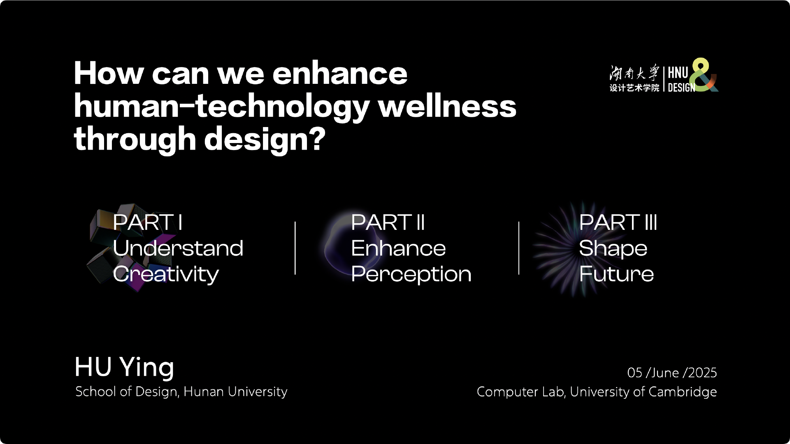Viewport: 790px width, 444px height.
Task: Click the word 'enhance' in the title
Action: coord(340,74)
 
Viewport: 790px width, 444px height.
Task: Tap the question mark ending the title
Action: coord(317,139)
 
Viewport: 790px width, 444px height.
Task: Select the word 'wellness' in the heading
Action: coord(447,106)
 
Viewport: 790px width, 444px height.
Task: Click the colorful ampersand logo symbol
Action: coord(704,75)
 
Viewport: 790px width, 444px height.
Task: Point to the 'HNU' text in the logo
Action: coord(678,73)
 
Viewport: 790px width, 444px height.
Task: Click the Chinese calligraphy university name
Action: coord(634,73)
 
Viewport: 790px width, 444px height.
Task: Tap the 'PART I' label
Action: coord(147,222)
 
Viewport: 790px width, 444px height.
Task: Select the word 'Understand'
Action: coord(178,248)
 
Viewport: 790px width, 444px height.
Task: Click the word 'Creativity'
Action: coord(166,274)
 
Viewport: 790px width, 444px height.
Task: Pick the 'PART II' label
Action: coord(388,222)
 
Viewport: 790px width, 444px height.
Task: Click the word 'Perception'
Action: coord(411,274)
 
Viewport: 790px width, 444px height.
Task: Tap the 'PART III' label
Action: coord(618,222)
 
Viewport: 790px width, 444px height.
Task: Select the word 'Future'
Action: coord(616,274)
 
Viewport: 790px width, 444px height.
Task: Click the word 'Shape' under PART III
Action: coord(613,248)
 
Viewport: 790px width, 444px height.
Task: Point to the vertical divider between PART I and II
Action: coord(295,248)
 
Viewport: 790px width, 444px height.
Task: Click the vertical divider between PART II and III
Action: coord(518,248)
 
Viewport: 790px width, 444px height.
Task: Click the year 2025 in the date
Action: coord(702,372)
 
